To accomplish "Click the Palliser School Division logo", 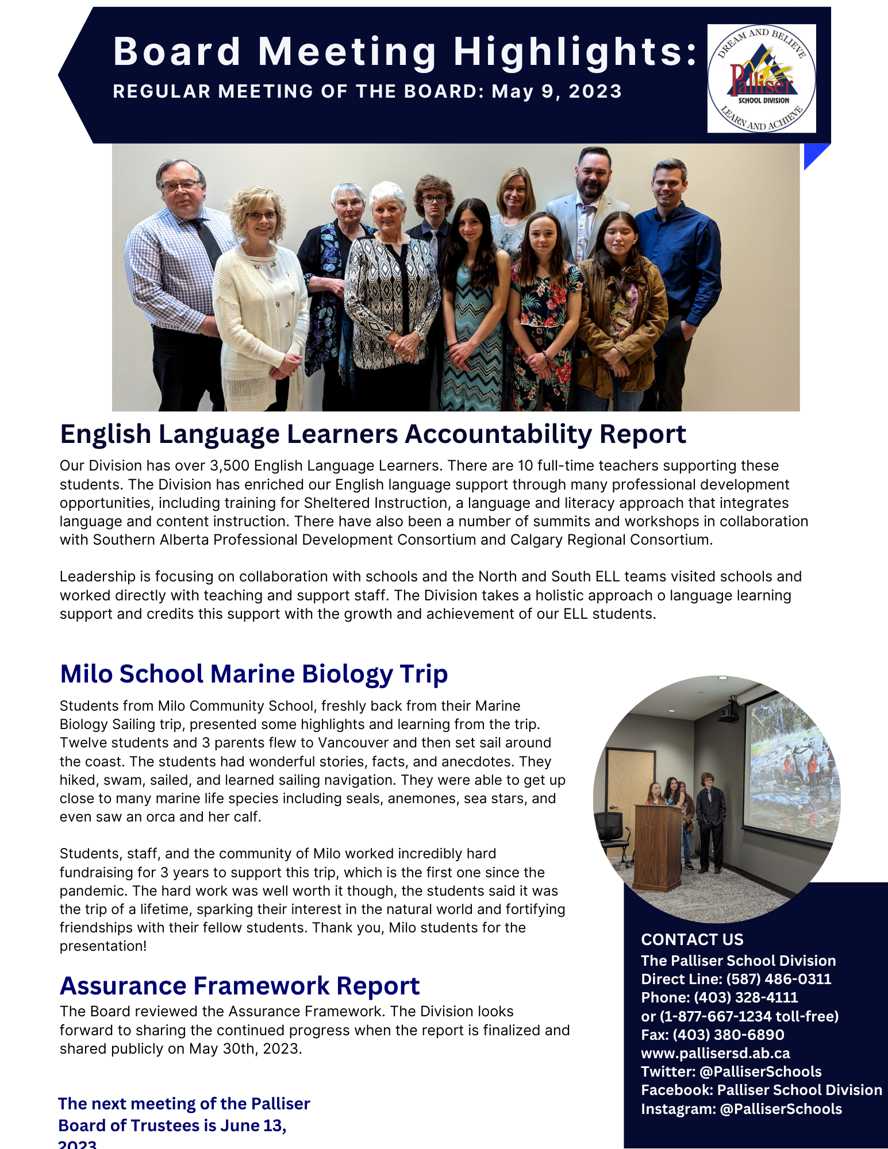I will coord(761,79).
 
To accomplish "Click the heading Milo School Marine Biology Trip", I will coord(253,674).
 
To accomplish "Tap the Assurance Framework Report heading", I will coord(240,986).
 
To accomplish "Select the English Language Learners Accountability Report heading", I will coord(373,434).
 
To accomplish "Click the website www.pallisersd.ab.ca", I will coord(715,1053).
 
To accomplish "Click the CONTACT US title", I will coord(692,939).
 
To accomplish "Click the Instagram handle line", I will coord(741,1109).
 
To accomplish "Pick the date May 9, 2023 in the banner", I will coord(556,92).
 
